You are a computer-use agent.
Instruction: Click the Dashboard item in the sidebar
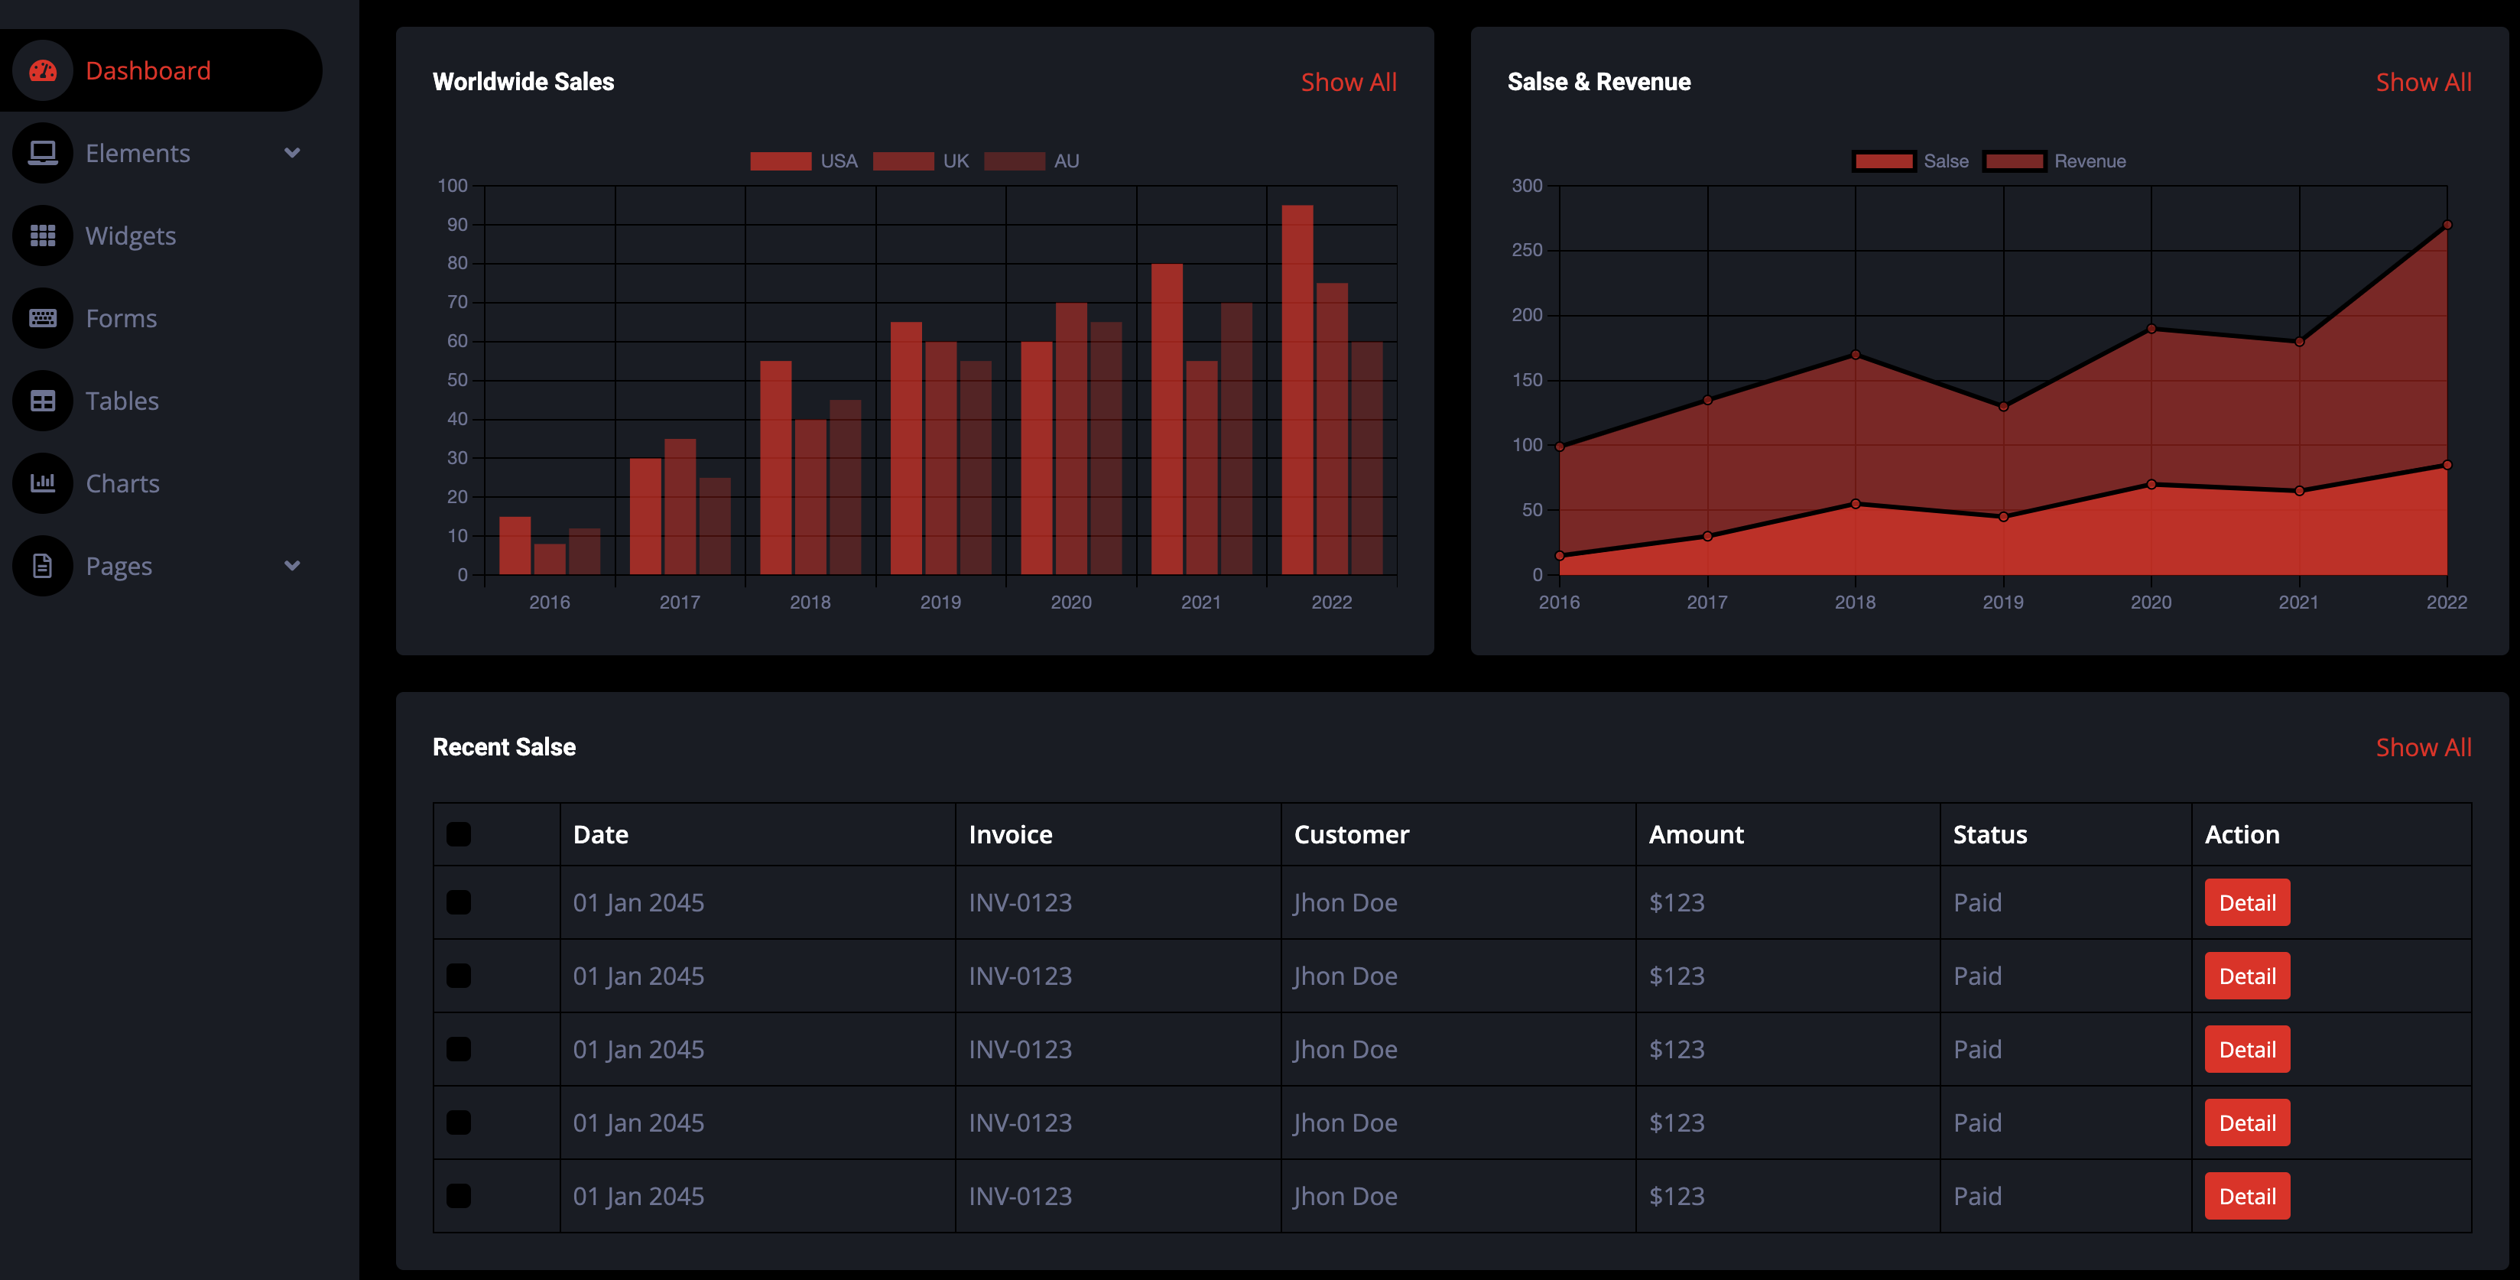(148, 70)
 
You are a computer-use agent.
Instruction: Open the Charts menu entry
(122, 483)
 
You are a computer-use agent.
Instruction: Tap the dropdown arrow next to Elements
(291, 154)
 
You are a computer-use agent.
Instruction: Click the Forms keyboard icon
(43, 318)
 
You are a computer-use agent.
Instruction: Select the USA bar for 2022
(1297, 389)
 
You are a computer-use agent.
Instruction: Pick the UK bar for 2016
(550, 559)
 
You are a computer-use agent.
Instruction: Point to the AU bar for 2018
(845, 487)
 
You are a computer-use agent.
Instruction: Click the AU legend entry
(1031, 161)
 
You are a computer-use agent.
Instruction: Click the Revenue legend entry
(2054, 161)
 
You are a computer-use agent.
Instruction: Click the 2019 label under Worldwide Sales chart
(940, 602)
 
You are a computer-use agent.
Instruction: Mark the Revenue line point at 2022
(2447, 225)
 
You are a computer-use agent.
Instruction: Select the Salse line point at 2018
(1855, 504)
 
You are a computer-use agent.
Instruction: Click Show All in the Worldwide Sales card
(1348, 83)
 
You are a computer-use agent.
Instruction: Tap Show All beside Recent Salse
(2423, 748)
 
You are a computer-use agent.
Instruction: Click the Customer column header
(1351, 835)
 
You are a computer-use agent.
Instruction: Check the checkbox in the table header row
(459, 835)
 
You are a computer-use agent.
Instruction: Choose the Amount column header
(1695, 835)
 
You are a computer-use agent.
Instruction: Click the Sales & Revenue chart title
(1599, 83)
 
